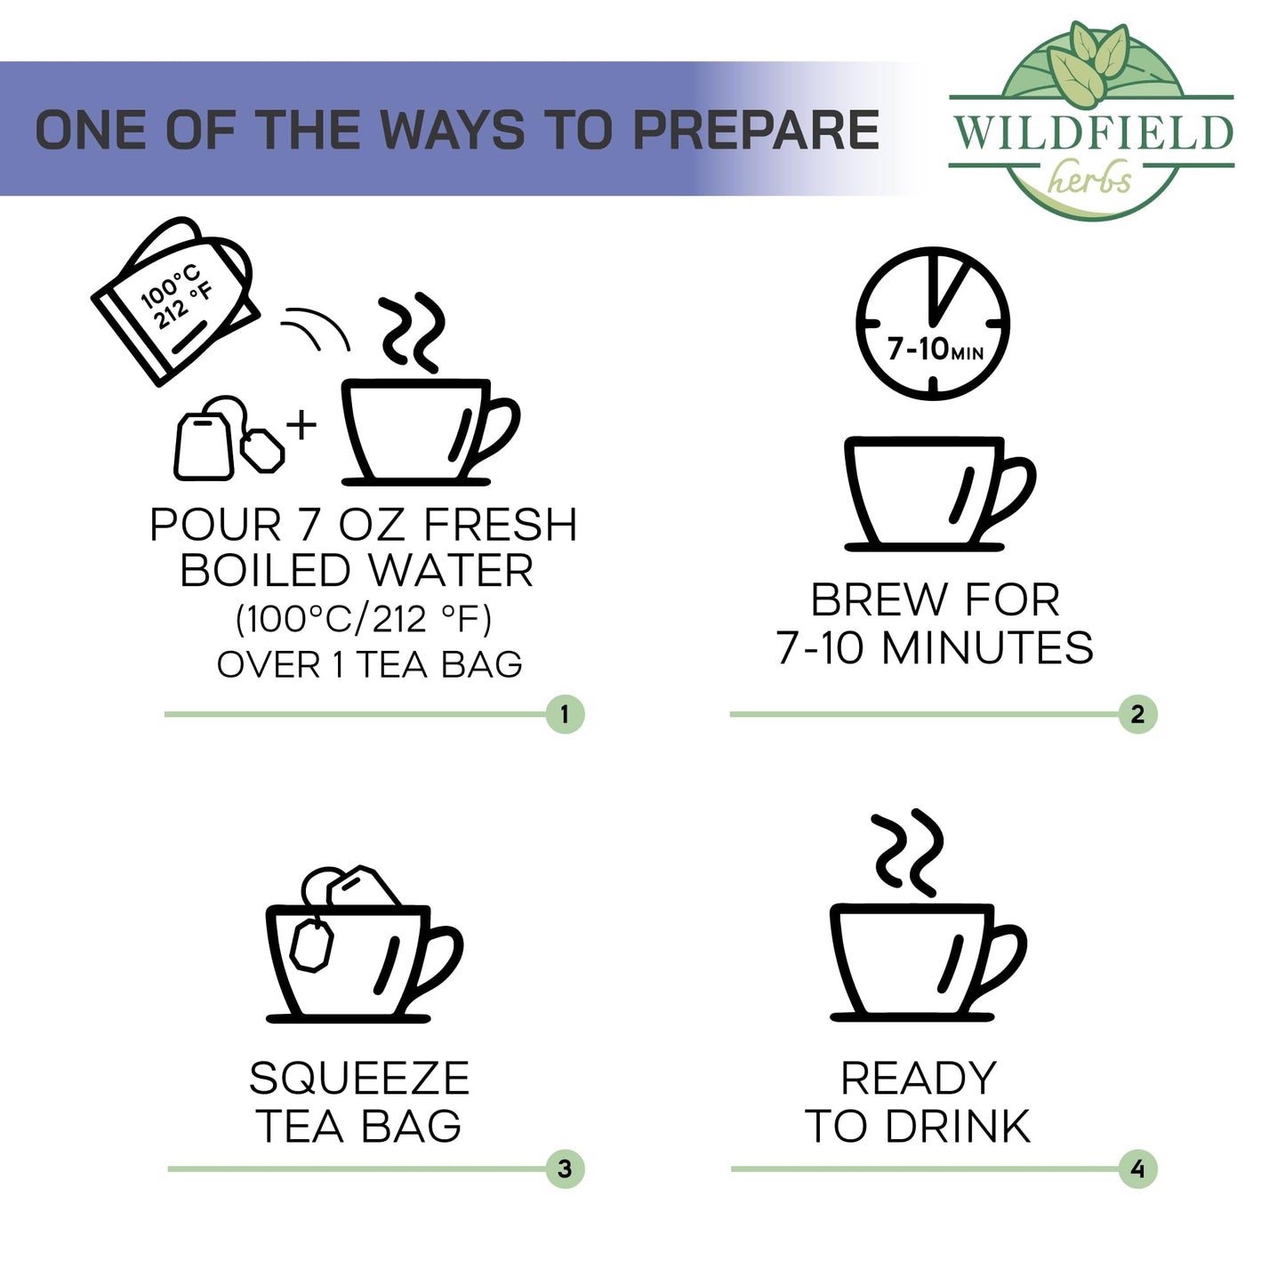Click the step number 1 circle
564,714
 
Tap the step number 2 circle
1137,714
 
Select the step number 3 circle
564,1169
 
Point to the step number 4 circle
1137,1169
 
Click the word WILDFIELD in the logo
1092,133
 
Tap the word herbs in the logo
1089,177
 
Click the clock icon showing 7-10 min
932,324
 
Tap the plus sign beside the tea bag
301,425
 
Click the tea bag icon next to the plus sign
228,438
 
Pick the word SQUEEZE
359,1079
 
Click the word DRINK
959,1127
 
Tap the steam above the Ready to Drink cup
907,853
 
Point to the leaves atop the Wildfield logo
1088,63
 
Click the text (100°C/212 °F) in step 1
364,620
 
